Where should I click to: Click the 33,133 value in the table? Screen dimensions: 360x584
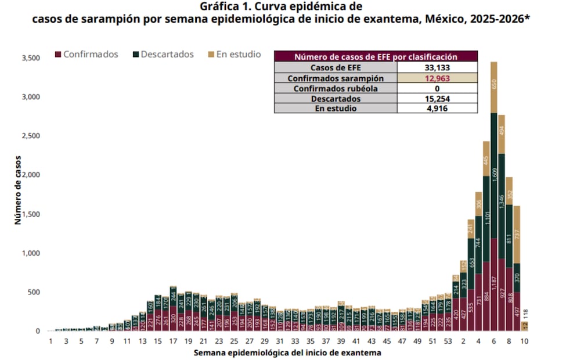click(437, 67)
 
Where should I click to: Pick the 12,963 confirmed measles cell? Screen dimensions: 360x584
click(437, 78)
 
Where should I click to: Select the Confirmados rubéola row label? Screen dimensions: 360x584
click(336, 88)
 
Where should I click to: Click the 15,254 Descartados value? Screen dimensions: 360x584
click(437, 99)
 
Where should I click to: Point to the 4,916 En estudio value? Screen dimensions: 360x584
click(437, 109)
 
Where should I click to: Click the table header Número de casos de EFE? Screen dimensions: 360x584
click(376, 57)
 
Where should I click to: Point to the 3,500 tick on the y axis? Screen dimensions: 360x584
click(30, 58)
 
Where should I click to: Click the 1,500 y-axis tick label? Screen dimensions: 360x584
click(30, 214)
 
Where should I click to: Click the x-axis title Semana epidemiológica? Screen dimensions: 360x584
click(287, 352)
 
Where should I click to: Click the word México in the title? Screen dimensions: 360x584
click(442, 19)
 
